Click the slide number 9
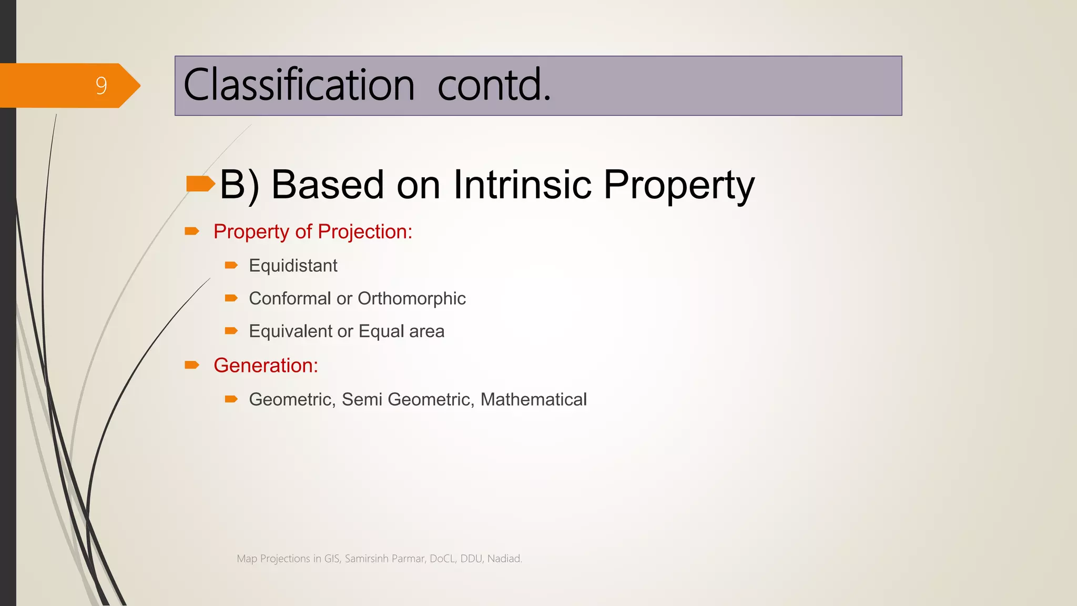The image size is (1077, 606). pyautogui.click(x=101, y=86)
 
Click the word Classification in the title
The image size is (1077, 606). pyautogui.click(x=299, y=85)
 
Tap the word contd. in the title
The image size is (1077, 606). pyautogui.click(x=494, y=85)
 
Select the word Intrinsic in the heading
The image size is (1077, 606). pyautogui.click(x=522, y=185)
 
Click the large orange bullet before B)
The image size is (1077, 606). pyautogui.click(x=200, y=184)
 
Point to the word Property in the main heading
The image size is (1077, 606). pyautogui.click(x=678, y=186)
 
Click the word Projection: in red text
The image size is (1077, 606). pyautogui.click(x=365, y=232)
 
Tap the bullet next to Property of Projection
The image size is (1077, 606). pyautogui.click(x=192, y=231)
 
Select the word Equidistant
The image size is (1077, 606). pyautogui.click(x=293, y=266)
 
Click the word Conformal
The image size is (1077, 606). pyautogui.click(x=290, y=298)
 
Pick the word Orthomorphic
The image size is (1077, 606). pyautogui.click(x=411, y=298)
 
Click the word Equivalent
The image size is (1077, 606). pyautogui.click(x=290, y=331)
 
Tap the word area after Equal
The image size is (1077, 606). pyautogui.click(x=426, y=331)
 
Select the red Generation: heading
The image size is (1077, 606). pyautogui.click(x=266, y=366)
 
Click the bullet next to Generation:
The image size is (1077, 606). pyautogui.click(x=192, y=365)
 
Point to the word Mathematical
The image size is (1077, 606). pyautogui.click(x=533, y=399)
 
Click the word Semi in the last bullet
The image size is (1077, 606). pyautogui.click(x=362, y=399)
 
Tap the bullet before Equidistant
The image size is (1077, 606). pyautogui.click(x=231, y=265)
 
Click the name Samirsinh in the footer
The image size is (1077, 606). pyautogui.click(x=367, y=559)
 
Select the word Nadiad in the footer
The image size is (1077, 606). pyautogui.click(x=504, y=559)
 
